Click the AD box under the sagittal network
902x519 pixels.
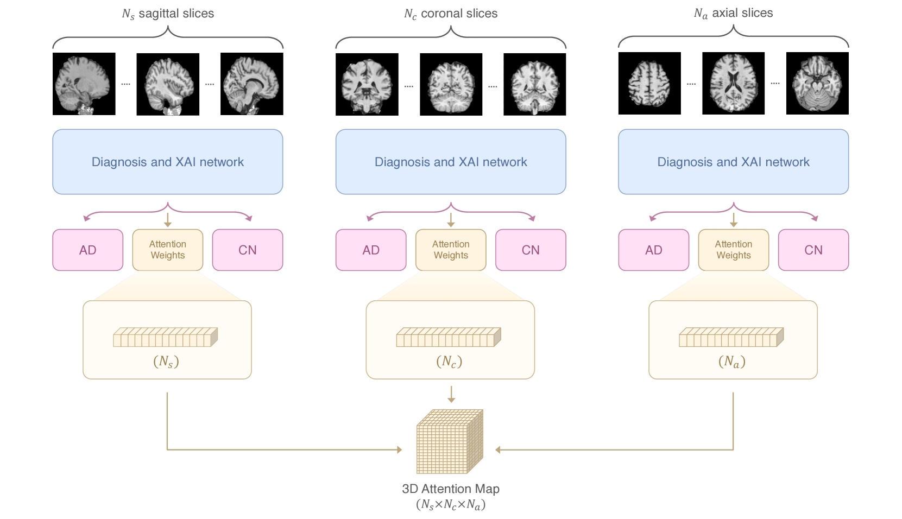pos(87,250)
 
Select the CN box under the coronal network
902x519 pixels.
pos(531,250)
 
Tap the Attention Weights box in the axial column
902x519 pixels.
pos(733,250)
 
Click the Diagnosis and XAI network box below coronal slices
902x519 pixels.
pos(451,162)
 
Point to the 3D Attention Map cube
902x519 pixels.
pos(450,441)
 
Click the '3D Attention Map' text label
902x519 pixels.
pos(451,489)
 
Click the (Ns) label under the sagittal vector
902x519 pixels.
pos(166,362)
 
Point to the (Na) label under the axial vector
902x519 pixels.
pos(732,362)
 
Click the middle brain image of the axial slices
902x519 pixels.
pos(733,84)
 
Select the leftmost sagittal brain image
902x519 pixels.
pos(84,84)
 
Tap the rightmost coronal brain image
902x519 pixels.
pos(534,84)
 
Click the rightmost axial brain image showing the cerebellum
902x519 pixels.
pos(817,84)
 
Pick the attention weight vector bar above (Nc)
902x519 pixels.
pos(449,337)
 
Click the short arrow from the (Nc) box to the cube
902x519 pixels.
pos(451,394)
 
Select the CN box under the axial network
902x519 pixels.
pos(813,250)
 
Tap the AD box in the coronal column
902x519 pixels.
pos(371,250)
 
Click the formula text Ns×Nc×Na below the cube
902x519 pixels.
pos(451,505)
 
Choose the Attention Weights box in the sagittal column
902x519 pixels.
pos(168,250)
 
